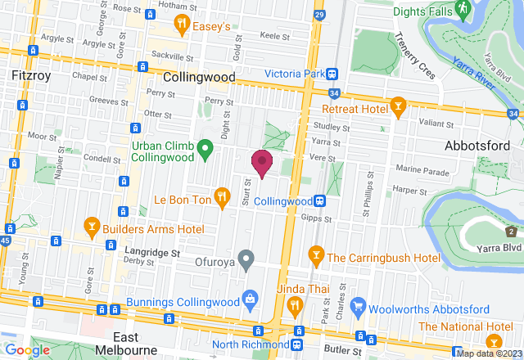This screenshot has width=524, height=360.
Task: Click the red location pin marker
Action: point(262,162)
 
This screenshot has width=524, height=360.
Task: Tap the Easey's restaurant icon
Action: point(185,26)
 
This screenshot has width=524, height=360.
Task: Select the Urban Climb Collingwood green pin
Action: point(206,149)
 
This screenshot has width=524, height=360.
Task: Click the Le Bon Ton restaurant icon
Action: point(222,196)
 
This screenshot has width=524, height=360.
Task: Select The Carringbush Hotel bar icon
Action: point(314,257)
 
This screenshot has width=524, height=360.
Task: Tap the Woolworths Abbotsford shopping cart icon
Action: point(357,308)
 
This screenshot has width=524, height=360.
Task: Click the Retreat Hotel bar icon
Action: point(398,108)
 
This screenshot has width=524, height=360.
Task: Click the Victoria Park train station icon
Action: point(332,74)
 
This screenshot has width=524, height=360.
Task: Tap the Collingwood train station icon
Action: point(322,200)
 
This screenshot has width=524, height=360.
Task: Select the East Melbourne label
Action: point(137,344)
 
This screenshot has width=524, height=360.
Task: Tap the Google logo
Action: point(27,350)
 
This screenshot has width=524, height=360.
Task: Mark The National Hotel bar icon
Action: point(494,340)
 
